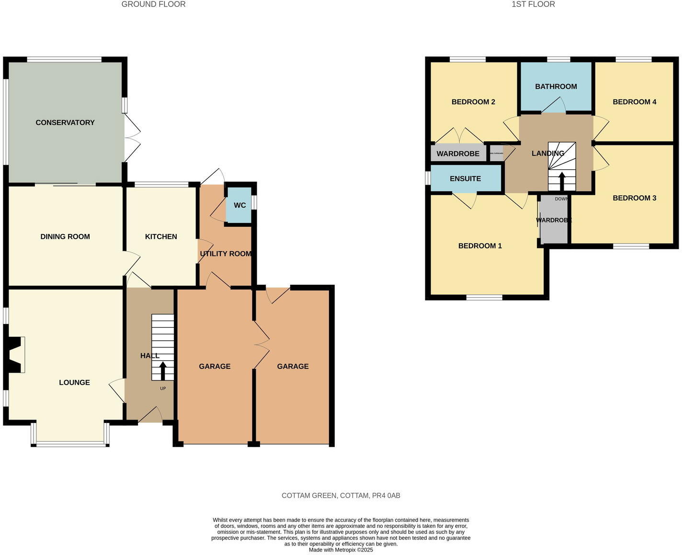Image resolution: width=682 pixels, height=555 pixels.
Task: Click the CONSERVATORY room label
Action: (65, 122)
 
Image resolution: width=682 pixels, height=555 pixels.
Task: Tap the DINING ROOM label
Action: (65, 236)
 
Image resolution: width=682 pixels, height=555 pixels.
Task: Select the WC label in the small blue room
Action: (239, 205)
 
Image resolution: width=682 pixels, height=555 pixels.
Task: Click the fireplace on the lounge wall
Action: (15, 355)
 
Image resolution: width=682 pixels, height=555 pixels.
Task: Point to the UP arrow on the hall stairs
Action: (163, 371)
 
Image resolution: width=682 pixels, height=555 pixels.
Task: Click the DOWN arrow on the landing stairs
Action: (561, 181)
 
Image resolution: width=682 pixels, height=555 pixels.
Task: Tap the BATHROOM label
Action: (556, 87)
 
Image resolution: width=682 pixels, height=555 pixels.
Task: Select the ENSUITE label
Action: (465, 178)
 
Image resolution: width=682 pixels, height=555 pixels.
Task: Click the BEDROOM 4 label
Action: (634, 102)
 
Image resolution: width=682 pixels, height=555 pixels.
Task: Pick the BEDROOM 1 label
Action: (480, 246)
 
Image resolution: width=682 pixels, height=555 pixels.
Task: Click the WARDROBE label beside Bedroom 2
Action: (458, 154)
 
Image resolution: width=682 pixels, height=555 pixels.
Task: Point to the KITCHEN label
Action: (161, 236)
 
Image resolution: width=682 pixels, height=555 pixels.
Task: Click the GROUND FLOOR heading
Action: (153, 4)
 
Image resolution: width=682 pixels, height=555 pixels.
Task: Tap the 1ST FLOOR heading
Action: (533, 4)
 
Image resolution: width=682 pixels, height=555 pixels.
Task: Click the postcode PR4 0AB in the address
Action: (386, 496)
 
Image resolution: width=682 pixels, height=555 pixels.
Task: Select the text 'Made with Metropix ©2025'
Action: (341, 550)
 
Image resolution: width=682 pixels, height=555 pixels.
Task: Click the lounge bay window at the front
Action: (70, 444)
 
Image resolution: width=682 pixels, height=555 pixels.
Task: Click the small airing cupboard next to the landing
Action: (497, 154)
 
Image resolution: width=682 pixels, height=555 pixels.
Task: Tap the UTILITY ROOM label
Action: (226, 254)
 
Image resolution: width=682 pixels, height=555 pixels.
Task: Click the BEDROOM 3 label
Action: (634, 198)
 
